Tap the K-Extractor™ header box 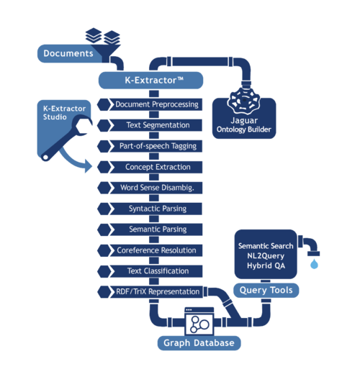tap(150, 80)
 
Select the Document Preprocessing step tap(156, 104)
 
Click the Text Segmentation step tap(156, 125)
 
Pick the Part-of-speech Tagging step tap(156, 146)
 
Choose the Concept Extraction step tap(156, 167)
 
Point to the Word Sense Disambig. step tap(156, 188)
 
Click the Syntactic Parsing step tap(156, 209)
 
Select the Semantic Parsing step tap(156, 229)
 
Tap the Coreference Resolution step tap(156, 250)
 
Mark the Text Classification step tap(156, 271)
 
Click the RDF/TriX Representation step tap(156, 292)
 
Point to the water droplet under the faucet tap(314, 264)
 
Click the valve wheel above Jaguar tap(243, 101)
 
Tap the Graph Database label tap(199, 343)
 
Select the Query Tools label tap(266, 291)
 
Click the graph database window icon tap(199, 321)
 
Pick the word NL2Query tap(266, 256)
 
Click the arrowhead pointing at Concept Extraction tap(88, 166)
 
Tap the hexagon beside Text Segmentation tap(104, 125)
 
